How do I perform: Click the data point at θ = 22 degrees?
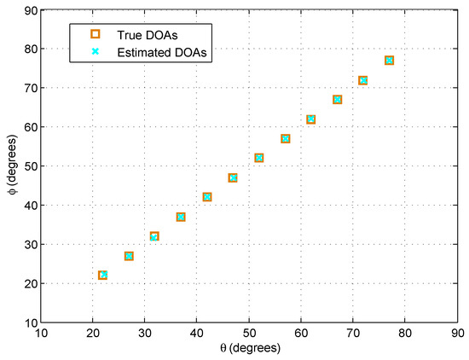coord(103,275)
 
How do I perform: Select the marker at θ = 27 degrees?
coord(129,256)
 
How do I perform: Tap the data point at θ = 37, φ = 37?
coord(181,217)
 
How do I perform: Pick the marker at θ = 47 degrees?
coord(233,177)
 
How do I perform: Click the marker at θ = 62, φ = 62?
coord(311,119)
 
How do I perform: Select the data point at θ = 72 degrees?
coord(363,80)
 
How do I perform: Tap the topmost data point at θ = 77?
coord(389,61)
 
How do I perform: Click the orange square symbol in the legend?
coord(96,34)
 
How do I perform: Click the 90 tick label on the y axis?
coord(28,10)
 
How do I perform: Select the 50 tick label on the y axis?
coord(28,166)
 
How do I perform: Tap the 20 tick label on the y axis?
coord(28,283)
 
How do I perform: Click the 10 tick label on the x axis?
coord(41,334)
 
